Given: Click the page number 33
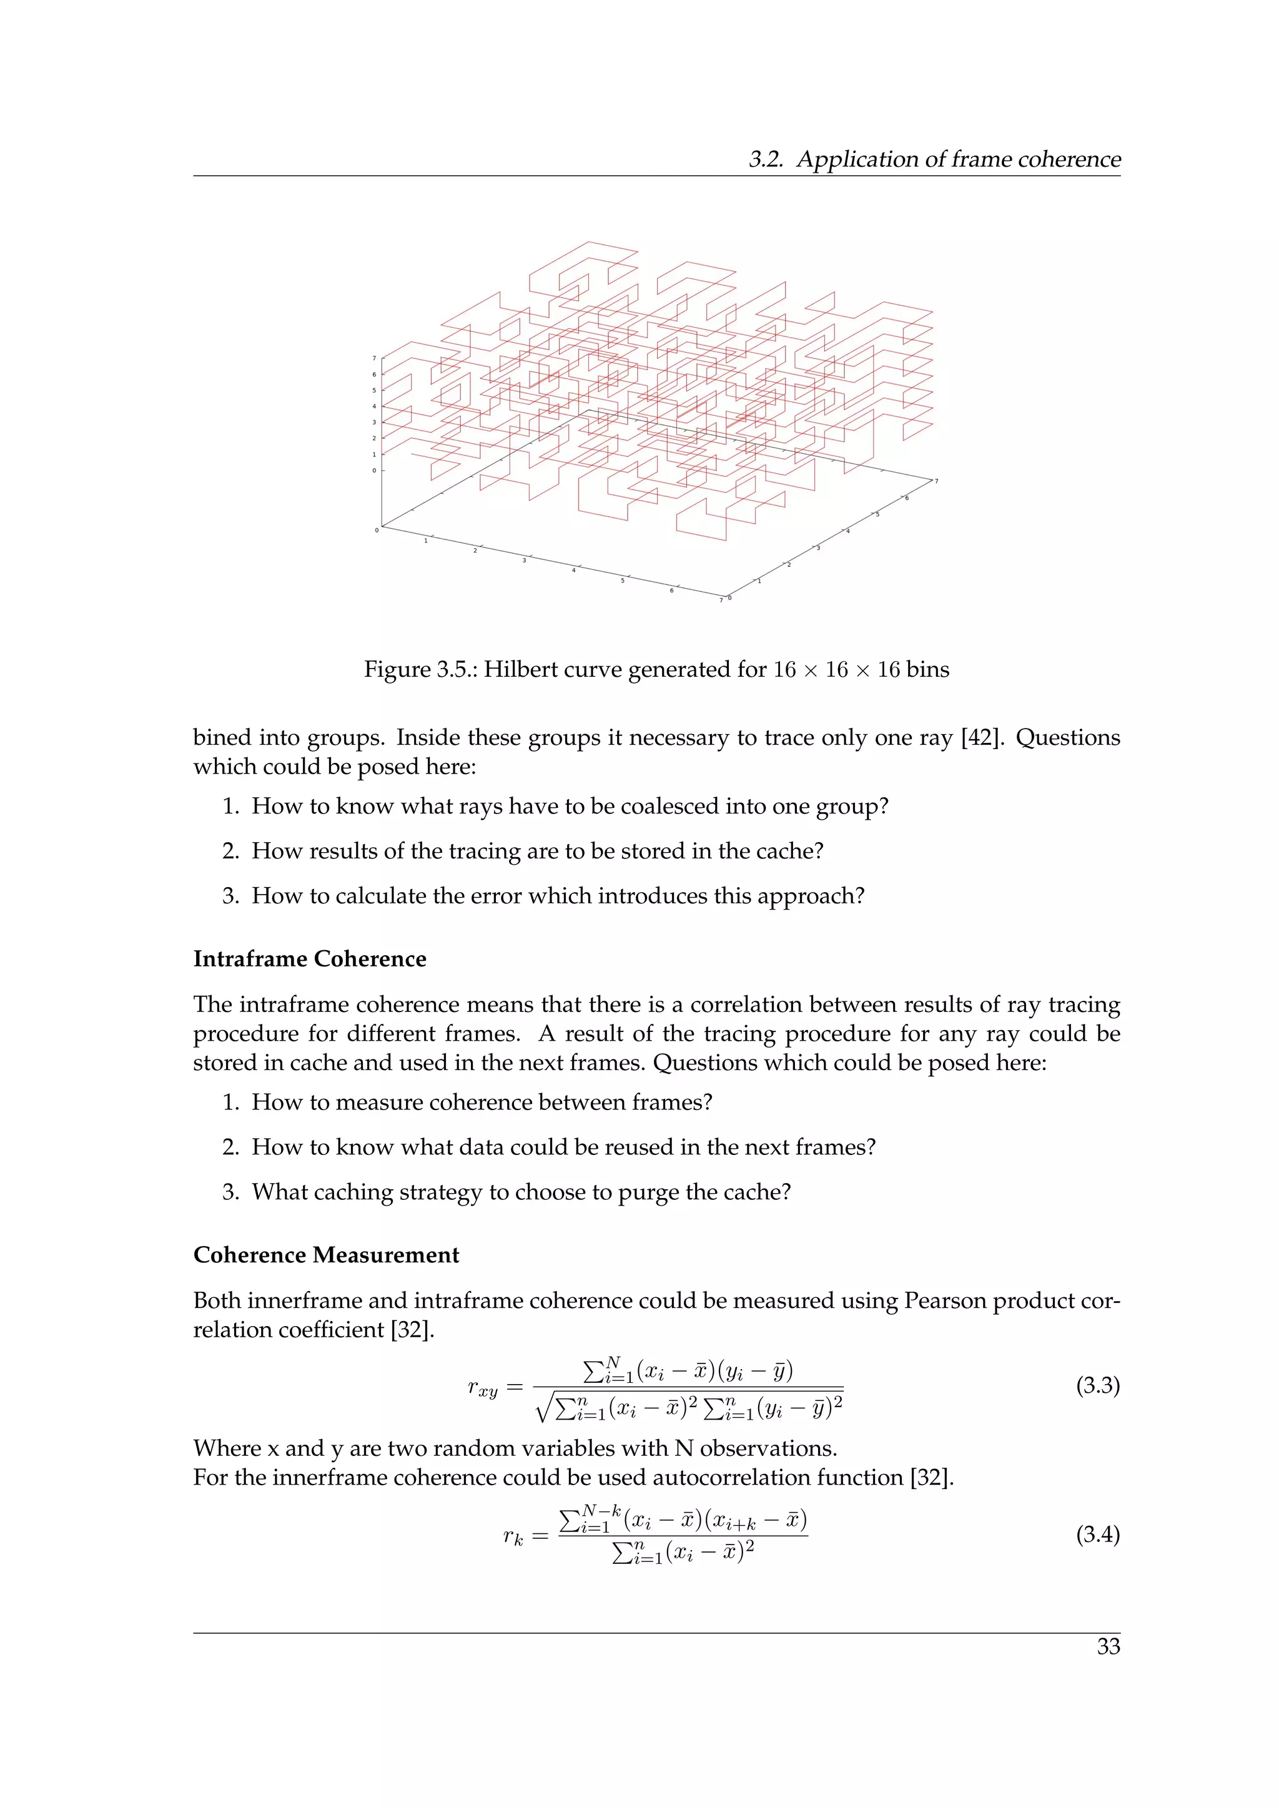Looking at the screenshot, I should (1108, 1646).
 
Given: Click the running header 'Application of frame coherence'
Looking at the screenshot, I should (957, 159).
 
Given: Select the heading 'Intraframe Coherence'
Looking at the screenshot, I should (310, 958).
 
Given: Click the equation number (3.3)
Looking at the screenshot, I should (1097, 1385).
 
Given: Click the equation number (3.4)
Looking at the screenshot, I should (1097, 1534).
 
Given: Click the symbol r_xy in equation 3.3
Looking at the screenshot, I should (482, 1388).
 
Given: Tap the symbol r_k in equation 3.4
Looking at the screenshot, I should (513, 1536).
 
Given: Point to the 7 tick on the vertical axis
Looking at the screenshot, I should (374, 358).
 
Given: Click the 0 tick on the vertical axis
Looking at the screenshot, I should (374, 471).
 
